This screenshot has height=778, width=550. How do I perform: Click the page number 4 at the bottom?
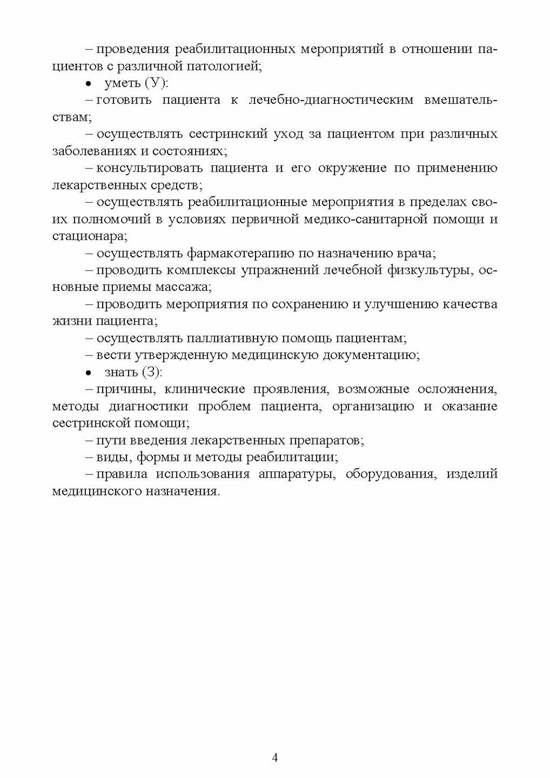275,758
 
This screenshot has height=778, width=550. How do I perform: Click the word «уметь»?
122,83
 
